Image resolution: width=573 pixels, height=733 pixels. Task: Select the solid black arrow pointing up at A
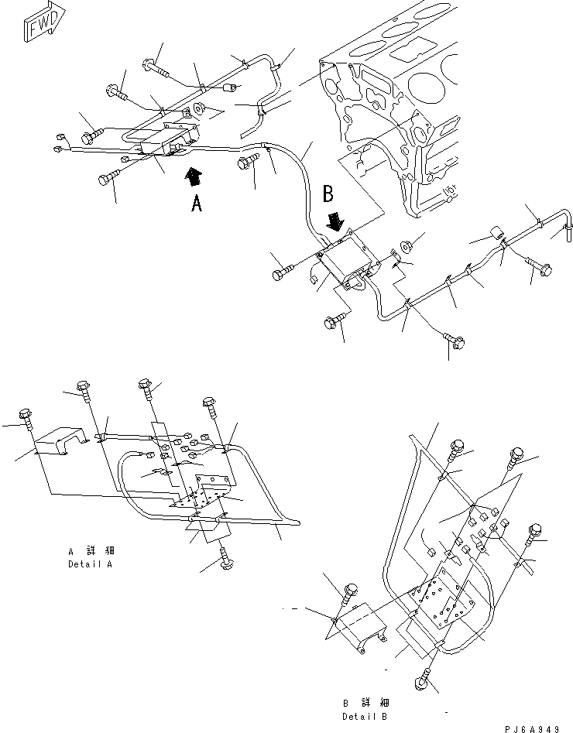click(x=194, y=176)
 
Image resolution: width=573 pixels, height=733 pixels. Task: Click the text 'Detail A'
click(x=91, y=563)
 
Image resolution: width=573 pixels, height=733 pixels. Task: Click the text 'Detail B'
click(x=365, y=716)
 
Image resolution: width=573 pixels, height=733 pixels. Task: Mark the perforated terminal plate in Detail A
click(x=205, y=492)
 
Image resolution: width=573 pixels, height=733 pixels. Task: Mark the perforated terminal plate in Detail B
click(x=441, y=598)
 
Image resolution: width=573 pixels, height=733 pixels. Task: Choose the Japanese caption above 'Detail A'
click(x=91, y=550)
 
